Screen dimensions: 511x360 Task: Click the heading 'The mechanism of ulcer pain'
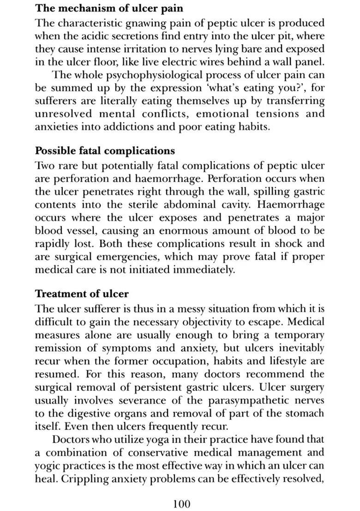click(109, 8)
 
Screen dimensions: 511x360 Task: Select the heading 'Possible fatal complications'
click(105, 151)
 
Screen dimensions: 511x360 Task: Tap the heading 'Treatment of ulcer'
click(82, 294)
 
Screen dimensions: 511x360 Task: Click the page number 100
click(181, 503)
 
